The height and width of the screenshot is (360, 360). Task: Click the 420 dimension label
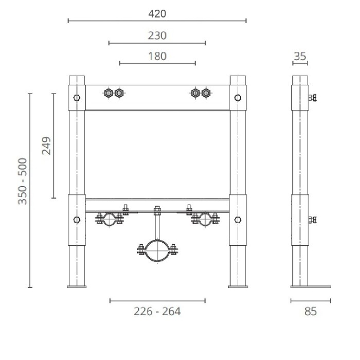point(157,13)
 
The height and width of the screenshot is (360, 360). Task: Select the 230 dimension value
point(157,35)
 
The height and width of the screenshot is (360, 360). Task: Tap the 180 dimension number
point(157,56)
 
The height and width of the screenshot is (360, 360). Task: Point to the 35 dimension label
point(300,56)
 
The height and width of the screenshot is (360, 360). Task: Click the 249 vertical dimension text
point(46,146)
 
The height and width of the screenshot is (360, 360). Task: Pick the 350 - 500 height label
point(23,181)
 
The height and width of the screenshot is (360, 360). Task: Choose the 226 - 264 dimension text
point(157,311)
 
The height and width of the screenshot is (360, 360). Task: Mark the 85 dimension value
point(311,311)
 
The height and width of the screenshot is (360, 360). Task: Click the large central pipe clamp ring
point(156,250)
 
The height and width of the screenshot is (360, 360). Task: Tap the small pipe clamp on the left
point(108,220)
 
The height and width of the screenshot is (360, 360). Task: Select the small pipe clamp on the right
point(205,220)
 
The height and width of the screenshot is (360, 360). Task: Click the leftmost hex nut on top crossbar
point(108,93)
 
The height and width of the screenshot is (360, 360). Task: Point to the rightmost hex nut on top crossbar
point(206,93)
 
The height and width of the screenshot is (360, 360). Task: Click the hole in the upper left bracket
point(77,98)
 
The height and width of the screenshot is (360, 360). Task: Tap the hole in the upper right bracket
point(238,98)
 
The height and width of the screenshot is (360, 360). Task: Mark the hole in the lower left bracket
point(77,220)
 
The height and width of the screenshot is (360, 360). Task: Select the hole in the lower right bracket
point(238,220)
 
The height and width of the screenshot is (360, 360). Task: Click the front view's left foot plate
point(77,286)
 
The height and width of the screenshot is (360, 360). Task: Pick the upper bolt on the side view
point(312,98)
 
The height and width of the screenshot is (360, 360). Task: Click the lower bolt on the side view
point(312,220)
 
